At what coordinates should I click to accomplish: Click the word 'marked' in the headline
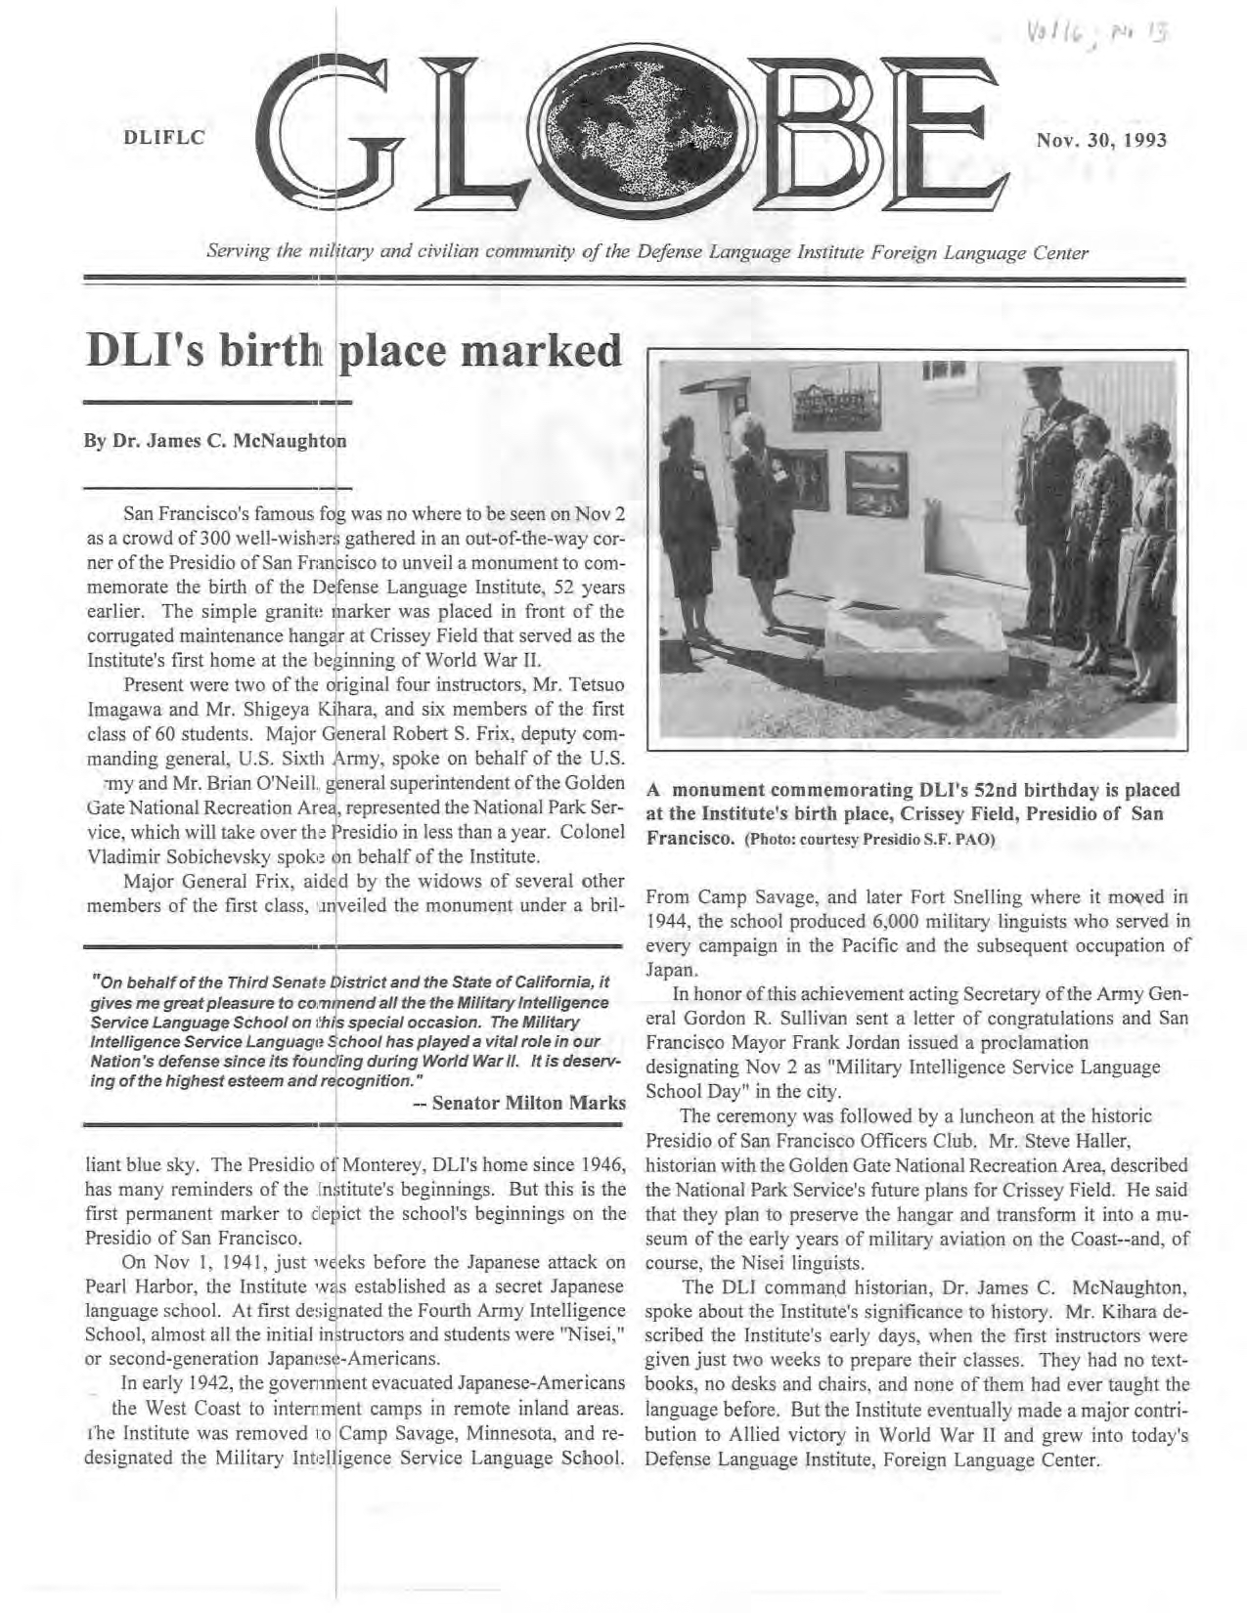coord(542,348)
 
